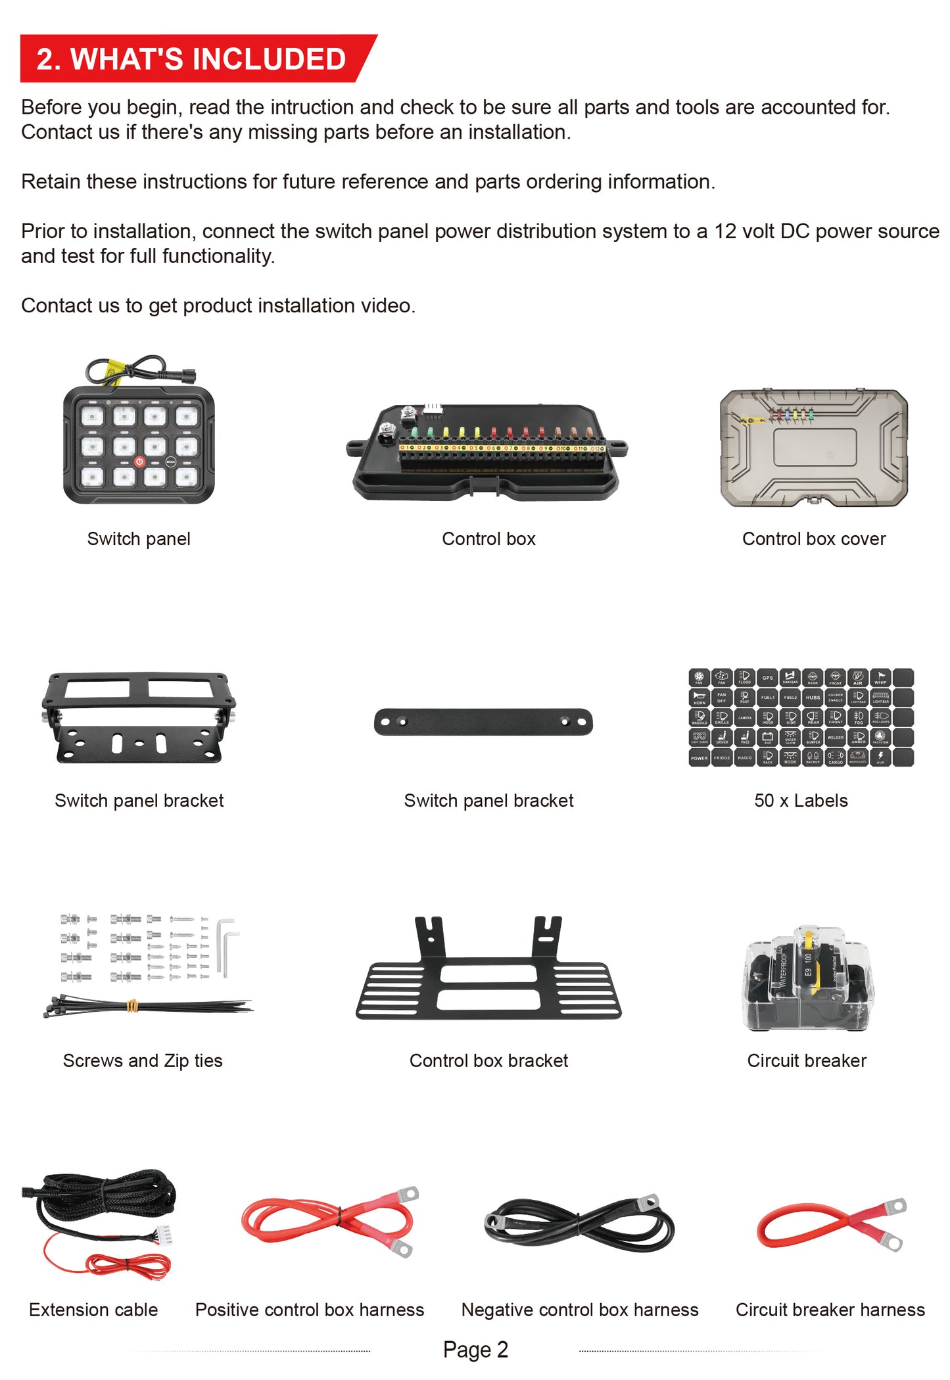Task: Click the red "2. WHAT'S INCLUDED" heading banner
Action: click(x=191, y=59)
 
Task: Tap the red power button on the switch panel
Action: click(x=139, y=462)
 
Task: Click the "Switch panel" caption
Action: click(x=139, y=539)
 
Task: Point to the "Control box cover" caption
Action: click(x=813, y=539)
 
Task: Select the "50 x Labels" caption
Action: click(x=801, y=800)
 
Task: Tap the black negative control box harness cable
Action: click(x=579, y=1224)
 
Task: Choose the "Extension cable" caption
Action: click(x=93, y=1310)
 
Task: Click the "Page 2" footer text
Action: click(x=475, y=1349)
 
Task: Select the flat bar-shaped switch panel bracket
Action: click(x=483, y=722)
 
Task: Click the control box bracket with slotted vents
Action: click(x=488, y=980)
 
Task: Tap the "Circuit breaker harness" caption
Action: click(x=830, y=1310)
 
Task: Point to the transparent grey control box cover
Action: click(x=814, y=447)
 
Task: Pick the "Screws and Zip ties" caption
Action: click(x=143, y=1060)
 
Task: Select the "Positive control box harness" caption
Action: click(x=310, y=1310)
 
